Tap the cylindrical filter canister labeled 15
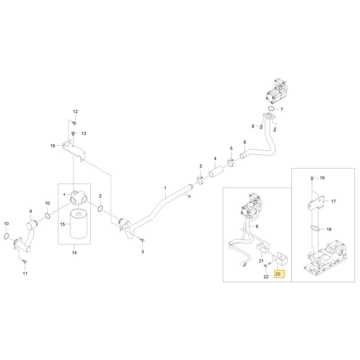click(x=78, y=224)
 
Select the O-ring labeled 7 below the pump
click(x=271, y=108)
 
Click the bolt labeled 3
click(x=142, y=240)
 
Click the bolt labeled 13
click(x=73, y=134)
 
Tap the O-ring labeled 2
click(x=100, y=209)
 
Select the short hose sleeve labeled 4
click(x=216, y=172)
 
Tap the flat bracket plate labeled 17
click(x=316, y=203)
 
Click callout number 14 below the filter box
click(x=74, y=253)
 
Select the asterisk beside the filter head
click(x=64, y=195)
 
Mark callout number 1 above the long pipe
click(x=165, y=188)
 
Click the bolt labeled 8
click(x=261, y=126)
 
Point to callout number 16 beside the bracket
click(x=53, y=146)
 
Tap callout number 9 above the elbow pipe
click(x=31, y=211)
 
